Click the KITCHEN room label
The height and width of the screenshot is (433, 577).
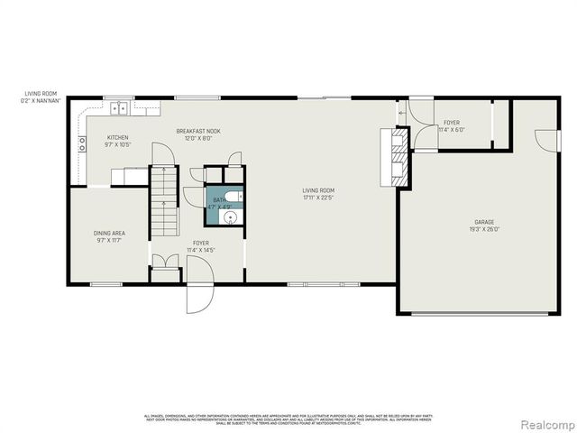coord(118,137)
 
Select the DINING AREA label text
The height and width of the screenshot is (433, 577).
coord(109,233)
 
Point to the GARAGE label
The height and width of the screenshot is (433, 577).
coord(484,222)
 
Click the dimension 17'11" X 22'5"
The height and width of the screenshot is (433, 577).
coord(318,198)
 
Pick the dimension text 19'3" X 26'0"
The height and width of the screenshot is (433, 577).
coord(484,229)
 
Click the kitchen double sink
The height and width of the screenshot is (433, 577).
coord(119,110)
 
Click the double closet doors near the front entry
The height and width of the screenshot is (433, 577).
coord(164,266)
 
